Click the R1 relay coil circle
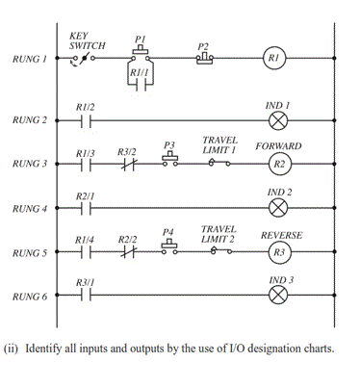point(277,59)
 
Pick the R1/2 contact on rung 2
point(85,120)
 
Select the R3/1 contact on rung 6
point(85,297)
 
